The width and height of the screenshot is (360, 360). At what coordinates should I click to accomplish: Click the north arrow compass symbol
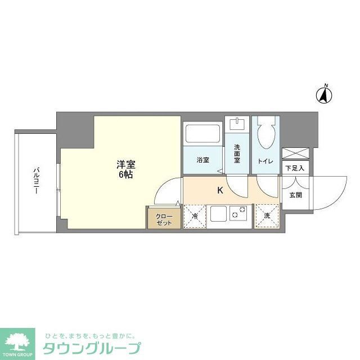click(325, 94)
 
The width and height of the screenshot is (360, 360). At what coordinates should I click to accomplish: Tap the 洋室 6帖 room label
click(125, 169)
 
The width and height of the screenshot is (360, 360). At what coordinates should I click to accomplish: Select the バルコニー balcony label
click(35, 181)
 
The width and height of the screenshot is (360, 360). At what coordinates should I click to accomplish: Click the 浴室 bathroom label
click(203, 160)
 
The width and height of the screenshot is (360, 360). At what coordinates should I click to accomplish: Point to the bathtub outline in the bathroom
click(204, 134)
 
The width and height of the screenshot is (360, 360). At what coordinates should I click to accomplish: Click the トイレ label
click(265, 161)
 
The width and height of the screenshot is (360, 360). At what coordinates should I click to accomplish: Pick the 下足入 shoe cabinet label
click(295, 168)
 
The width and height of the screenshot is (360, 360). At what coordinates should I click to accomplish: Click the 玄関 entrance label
click(295, 195)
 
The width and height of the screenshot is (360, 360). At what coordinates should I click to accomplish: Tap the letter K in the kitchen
click(220, 190)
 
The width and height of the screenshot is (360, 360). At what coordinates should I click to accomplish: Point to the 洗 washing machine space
click(267, 216)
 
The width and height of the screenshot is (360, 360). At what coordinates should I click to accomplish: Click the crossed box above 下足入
click(295, 152)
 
